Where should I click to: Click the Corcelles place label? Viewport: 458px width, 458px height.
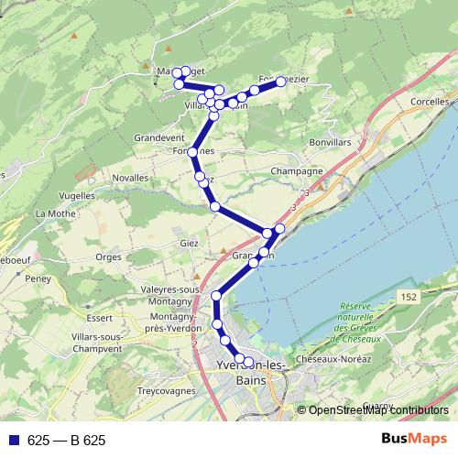click(x=430, y=102)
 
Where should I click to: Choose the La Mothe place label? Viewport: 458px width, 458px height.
click(x=54, y=213)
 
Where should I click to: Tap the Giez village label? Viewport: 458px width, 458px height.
click(x=190, y=243)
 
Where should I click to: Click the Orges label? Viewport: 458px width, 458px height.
click(x=108, y=257)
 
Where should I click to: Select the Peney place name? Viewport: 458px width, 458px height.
click(x=38, y=278)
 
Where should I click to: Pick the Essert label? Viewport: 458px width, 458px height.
click(x=102, y=318)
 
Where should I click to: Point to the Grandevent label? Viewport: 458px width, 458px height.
click(x=159, y=137)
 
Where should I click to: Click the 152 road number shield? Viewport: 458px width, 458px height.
click(x=409, y=298)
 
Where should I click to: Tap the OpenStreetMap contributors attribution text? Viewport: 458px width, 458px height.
click(x=378, y=410)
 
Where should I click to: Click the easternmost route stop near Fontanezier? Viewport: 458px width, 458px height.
click(x=281, y=81)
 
